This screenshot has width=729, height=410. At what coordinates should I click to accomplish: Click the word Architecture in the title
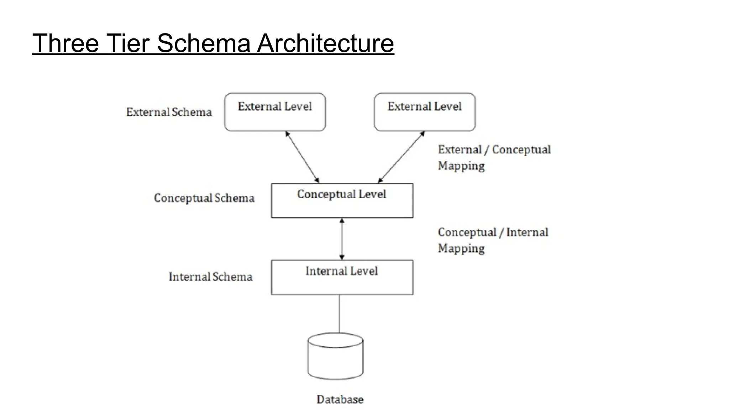325,43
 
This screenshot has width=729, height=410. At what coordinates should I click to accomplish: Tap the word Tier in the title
128,43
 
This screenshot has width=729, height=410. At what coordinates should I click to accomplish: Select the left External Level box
275,112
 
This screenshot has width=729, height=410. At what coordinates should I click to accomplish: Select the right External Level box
425,112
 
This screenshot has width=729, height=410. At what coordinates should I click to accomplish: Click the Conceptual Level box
342,201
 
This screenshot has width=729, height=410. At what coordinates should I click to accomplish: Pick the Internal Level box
342,278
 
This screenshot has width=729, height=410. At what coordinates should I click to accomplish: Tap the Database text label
340,400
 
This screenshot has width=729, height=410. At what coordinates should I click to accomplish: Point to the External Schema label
169,112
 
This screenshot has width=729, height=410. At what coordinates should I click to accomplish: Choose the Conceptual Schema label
204,198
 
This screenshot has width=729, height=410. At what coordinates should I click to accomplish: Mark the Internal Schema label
210,277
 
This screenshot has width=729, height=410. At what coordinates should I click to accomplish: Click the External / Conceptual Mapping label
494,158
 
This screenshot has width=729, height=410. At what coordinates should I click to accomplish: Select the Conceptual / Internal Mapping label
493,240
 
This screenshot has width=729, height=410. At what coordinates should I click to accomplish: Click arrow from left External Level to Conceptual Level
302,157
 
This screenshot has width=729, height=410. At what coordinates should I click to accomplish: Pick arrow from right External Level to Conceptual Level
401,157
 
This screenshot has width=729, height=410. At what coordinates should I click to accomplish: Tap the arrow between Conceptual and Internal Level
342,239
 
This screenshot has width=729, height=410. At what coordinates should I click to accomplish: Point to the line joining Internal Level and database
339,314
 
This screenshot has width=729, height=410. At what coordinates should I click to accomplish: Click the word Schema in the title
204,43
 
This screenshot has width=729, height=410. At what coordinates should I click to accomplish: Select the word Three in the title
65,43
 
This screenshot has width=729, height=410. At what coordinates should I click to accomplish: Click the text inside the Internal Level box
341,271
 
